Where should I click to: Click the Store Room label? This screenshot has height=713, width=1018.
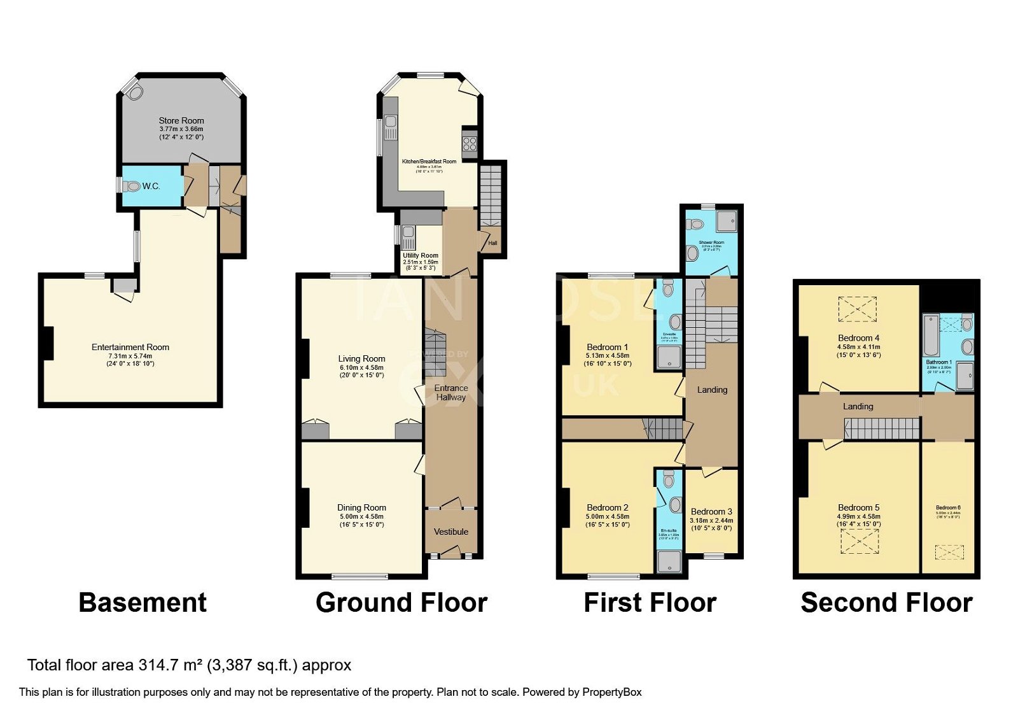[181, 120]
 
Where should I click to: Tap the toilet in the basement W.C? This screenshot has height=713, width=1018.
[132, 187]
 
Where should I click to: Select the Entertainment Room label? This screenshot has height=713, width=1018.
[130, 347]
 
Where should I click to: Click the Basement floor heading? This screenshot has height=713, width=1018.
[143, 602]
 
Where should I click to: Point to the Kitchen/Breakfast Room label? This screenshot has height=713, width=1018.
[429, 162]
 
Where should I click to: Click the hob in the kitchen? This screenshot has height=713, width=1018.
[470, 143]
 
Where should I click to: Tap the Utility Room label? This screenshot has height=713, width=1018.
[420, 255]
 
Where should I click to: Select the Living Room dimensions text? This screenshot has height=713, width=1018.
[361, 371]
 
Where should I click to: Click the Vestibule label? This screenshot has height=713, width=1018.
[451, 532]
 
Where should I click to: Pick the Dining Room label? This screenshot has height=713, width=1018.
[361, 507]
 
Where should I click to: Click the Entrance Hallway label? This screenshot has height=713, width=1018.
[451, 392]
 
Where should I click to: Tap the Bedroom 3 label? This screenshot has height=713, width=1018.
[711, 511]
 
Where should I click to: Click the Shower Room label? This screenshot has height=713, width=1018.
[711, 243]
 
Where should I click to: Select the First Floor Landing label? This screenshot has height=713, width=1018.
[712, 390]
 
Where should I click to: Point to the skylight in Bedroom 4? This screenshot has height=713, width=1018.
[857, 309]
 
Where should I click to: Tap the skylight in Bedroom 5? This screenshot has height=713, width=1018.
[858, 542]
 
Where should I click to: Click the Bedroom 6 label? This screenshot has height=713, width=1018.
[948, 507]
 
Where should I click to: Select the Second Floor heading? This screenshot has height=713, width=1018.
[886, 602]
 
